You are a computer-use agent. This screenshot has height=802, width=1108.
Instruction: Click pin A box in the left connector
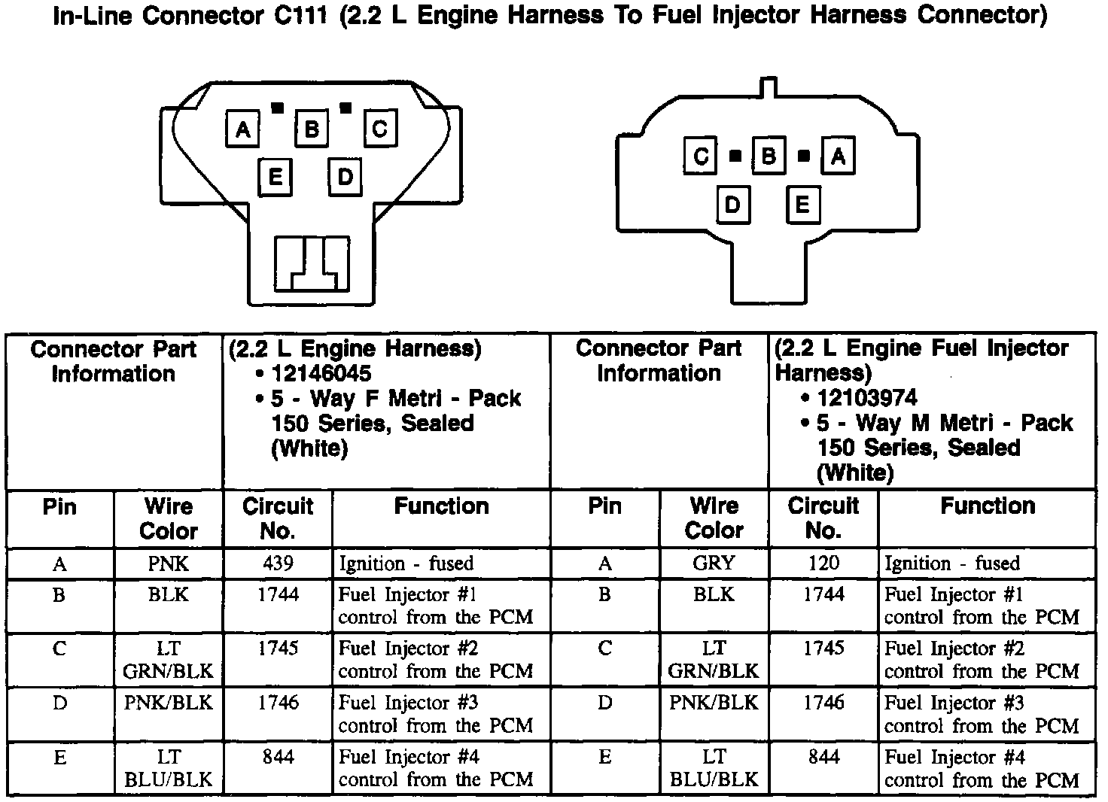(242, 129)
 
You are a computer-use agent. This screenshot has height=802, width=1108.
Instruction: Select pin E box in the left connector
(275, 178)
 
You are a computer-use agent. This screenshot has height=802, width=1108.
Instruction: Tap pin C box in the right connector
(701, 156)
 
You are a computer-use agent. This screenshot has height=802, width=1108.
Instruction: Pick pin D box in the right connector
(732, 205)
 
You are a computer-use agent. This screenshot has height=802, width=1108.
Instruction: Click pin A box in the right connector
(838, 156)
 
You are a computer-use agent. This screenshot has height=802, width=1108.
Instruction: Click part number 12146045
(321, 374)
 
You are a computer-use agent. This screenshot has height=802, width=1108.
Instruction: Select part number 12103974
(867, 398)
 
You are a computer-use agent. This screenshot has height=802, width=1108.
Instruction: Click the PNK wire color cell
(168, 564)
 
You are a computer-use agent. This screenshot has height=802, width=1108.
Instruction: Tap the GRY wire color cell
(714, 564)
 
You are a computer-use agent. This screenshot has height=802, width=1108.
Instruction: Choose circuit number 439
(278, 564)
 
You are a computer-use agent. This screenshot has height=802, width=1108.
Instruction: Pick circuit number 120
(823, 564)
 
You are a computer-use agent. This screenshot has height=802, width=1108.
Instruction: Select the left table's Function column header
(441, 506)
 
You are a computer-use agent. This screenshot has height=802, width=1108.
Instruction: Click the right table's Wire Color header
(714, 518)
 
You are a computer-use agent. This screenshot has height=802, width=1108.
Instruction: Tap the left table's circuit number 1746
(278, 703)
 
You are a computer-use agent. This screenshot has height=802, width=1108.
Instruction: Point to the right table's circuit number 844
(823, 757)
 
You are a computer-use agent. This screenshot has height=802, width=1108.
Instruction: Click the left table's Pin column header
(59, 506)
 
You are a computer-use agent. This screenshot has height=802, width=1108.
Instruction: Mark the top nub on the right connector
(769, 86)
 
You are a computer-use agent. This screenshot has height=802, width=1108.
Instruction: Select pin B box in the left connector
(311, 129)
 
